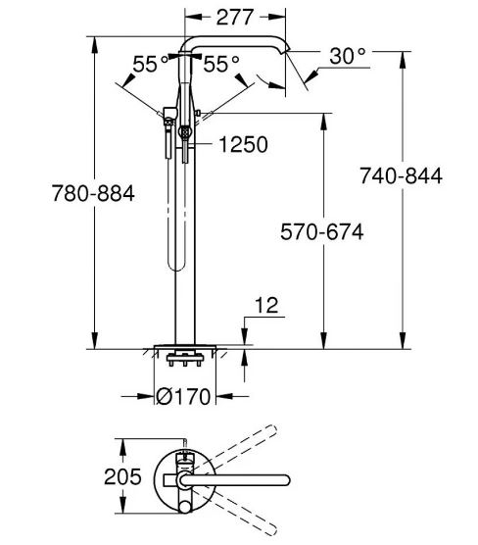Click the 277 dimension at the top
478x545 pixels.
[x=235, y=18]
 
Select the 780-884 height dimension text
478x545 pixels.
[x=93, y=193]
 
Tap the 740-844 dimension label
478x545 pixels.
[x=401, y=175]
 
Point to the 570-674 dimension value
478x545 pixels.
[x=322, y=232]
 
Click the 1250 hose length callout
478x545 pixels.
[x=243, y=144]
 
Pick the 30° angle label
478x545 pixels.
[x=348, y=56]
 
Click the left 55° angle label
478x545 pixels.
[x=151, y=64]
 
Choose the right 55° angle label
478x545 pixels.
[x=221, y=64]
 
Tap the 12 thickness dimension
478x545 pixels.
[x=266, y=305]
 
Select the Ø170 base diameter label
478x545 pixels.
[x=183, y=396]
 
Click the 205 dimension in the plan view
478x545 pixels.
[x=122, y=476]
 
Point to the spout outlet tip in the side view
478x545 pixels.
[x=287, y=51]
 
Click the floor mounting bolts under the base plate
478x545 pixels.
[x=185, y=359]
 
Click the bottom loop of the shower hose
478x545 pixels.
[x=175, y=265]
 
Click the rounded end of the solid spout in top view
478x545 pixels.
[x=286, y=480]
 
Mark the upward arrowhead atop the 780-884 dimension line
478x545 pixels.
[x=94, y=45]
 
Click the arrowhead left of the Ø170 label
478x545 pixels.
[x=145, y=396]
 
